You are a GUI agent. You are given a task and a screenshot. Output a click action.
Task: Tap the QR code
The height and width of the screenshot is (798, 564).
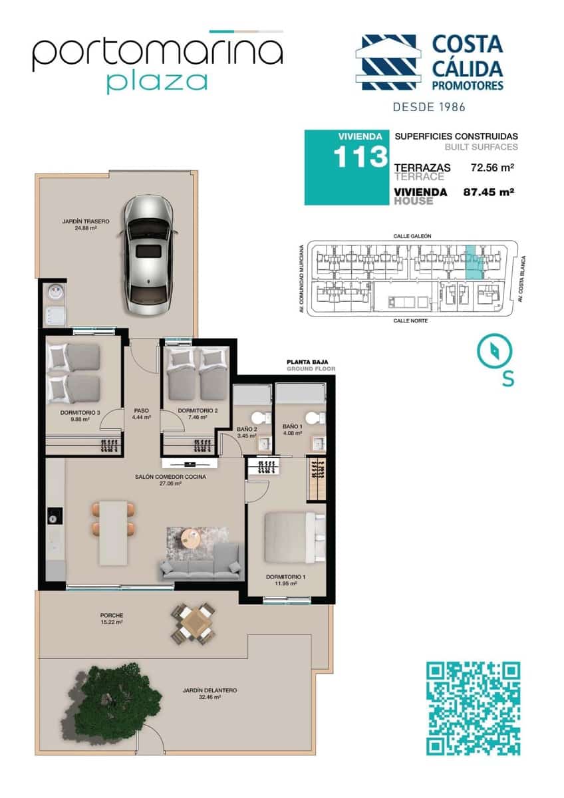[472, 708]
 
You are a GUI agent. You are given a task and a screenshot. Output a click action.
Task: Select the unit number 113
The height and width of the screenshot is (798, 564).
[360, 157]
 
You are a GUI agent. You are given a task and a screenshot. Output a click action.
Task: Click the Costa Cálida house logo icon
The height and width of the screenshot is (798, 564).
[389, 62]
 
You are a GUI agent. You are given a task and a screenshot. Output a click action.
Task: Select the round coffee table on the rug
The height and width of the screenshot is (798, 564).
[190, 537]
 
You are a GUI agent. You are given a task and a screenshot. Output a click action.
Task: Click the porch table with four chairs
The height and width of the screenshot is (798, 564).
[194, 623]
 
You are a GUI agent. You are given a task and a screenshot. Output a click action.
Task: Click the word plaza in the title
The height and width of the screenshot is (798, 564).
[156, 81]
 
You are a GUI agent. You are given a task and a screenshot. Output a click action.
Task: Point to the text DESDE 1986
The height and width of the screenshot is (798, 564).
[429, 106]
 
